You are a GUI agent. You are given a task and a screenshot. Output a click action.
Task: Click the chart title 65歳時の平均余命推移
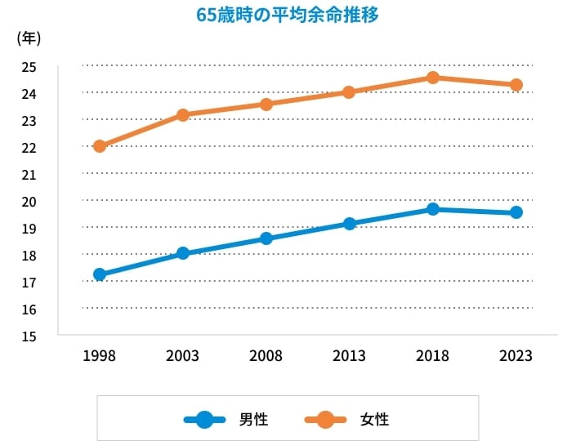point(288,16)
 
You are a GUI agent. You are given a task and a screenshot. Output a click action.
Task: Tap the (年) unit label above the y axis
point(29,38)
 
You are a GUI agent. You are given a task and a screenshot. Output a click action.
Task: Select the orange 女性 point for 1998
point(100,146)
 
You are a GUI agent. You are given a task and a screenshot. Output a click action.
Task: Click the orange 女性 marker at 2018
point(433,78)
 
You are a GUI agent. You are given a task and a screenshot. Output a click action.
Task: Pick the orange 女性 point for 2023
point(516,85)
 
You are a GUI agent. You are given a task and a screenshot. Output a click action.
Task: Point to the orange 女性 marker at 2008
point(266,104)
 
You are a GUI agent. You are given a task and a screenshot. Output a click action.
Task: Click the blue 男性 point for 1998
point(100,274)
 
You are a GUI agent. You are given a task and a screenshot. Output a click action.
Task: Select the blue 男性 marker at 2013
point(350,224)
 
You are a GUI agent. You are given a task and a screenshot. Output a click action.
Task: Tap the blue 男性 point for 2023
point(516,212)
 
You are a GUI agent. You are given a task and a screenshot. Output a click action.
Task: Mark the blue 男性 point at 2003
point(183,253)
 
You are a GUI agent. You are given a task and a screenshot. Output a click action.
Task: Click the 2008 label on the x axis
point(266,356)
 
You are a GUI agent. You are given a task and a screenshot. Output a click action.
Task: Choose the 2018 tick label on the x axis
point(433,356)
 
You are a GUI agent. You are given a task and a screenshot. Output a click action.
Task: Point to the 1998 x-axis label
point(100,356)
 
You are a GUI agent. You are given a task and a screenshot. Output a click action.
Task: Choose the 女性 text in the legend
point(374,420)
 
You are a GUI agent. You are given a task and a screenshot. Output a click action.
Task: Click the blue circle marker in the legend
point(205,420)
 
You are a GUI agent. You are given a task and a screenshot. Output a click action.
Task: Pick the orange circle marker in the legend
point(325,420)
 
